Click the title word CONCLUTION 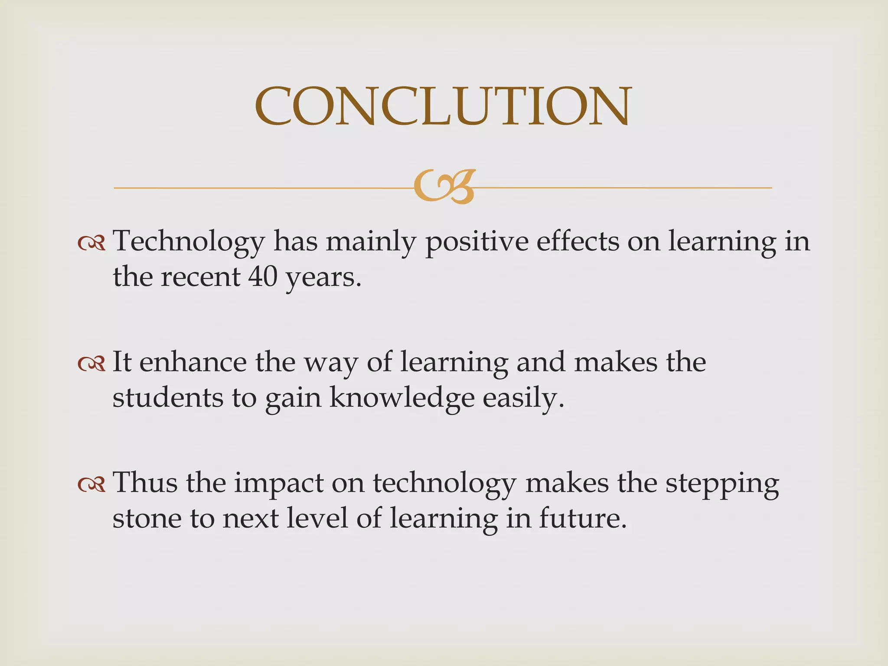point(443,106)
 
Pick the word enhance point(193,362)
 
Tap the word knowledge point(402,398)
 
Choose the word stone point(147,519)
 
